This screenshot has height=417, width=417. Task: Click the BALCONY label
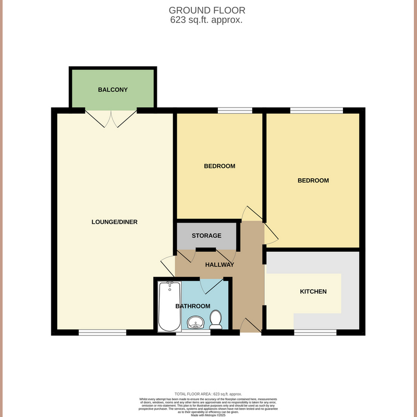pyautogui.click(x=113, y=90)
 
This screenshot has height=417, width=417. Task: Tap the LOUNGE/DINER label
pyautogui.click(x=114, y=222)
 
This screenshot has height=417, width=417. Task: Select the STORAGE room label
pyautogui.click(x=206, y=236)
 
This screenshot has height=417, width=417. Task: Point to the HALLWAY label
pyautogui.click(x=219, y=265)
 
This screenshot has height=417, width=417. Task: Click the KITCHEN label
pyautogui.click(x=313, y=291)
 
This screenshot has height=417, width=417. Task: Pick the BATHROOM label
pyautogui.click(x=193, y=306)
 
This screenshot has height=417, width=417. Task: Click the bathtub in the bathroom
pyautogui.click(x=169, y=306)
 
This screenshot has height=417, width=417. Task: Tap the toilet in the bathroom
pyautogui.click(x=215, y=320)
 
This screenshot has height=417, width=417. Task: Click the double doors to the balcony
pyautogui.click(x=112, y=118)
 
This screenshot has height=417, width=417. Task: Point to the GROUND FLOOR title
pyautogui.click(x=207, y=10)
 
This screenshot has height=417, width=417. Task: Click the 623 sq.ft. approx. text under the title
pyautogui.click(x=207, y=20)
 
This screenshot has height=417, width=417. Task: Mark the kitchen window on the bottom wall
pyautogui.click(x=315, y=332)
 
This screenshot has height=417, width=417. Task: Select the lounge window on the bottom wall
pyautogui.click(x=102, y=332)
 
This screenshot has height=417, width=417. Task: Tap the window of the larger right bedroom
pyautogui.click(x=316, y=110)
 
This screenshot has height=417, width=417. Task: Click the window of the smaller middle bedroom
pyautogui.click(x=235, y=110)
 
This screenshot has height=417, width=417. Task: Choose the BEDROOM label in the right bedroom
pyautogui.click(x=313, y=180)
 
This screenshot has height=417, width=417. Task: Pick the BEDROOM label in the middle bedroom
pyautogui.click(x=219, y=166)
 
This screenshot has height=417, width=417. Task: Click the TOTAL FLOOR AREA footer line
pyautogui.click(x=208, y=394)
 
